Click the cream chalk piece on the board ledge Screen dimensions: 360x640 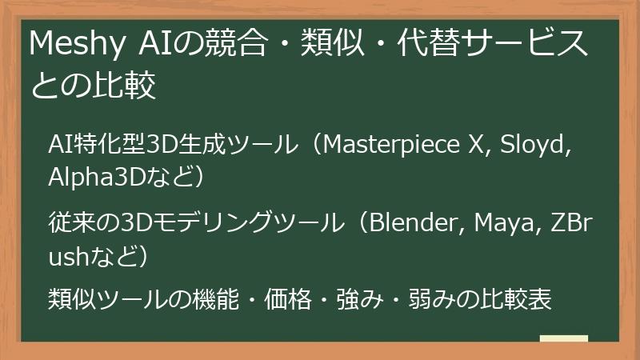(564, 339)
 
